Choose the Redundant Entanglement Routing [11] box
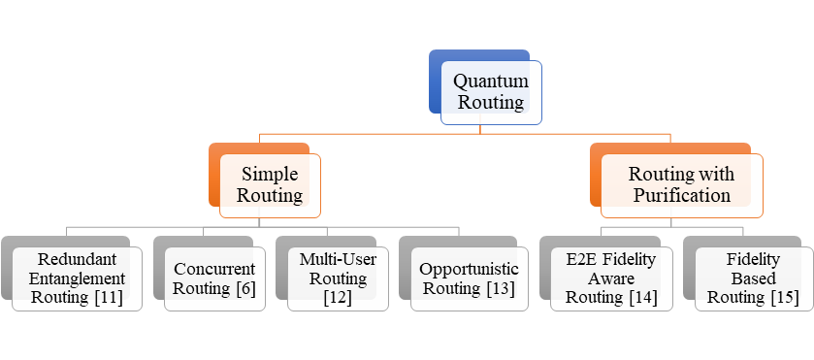(x=77, y=278)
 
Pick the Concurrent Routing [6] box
(x=212, y=278)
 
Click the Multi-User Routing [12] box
(x=333, y=278)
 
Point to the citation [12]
(x=333, y=298)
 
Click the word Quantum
(x=490, y=82)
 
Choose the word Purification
(x=681, y=195)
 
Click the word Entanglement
(x=77, y=278)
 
